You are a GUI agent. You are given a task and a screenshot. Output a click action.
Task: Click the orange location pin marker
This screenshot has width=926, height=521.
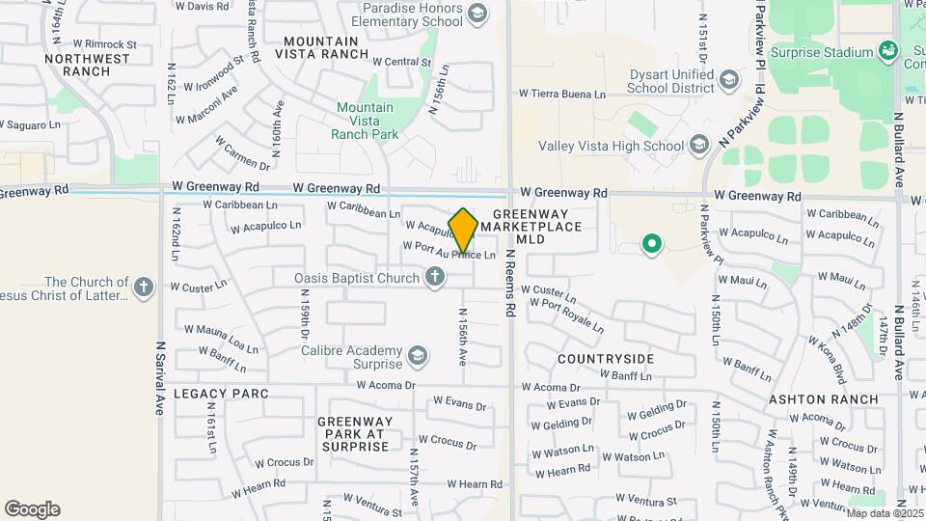(x=464, y=230)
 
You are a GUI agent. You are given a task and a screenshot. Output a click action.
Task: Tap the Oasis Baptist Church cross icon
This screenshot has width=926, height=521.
(x=435, y=278)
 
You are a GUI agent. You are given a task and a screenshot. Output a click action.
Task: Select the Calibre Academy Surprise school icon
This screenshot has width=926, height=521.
(x=418, y=357)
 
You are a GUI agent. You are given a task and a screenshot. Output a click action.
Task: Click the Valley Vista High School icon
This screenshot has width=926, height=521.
(x=698, y=146)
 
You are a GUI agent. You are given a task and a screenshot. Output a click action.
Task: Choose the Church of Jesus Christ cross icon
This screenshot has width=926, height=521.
(x=143, y=288)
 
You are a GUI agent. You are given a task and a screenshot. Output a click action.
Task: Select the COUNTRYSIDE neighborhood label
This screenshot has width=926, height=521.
(x=606, y=359)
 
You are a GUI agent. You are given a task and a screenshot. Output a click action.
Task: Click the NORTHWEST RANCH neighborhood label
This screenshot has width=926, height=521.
(x=87, y=65)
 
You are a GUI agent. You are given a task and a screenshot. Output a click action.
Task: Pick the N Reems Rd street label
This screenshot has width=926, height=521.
(x=509, y=281)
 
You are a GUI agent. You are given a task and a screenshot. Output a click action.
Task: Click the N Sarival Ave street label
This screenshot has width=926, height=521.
(x=160, y=376)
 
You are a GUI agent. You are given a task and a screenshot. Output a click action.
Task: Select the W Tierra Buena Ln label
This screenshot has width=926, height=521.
(x=562, y=95)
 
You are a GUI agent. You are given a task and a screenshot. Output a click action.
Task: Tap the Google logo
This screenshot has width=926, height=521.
(x=32, y=509)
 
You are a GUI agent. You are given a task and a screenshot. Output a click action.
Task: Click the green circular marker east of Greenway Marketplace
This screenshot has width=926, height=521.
(x=651, y=244)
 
